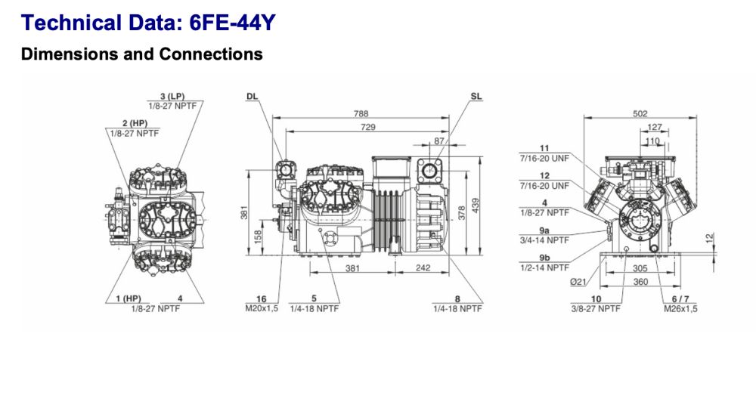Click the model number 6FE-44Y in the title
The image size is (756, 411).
pos(233,23)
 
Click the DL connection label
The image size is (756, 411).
pos(252,97)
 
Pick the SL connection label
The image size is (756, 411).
pos(476,97)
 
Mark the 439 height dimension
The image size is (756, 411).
pos(476,205)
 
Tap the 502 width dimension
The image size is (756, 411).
pos(640,114)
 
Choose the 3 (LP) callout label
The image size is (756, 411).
pos(172,97)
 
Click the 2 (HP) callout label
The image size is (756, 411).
pos(133,123)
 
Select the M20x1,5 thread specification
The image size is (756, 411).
pos(262,308)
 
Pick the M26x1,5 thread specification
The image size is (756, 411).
pos(680,308)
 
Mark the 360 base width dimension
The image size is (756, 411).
pos(640,282)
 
